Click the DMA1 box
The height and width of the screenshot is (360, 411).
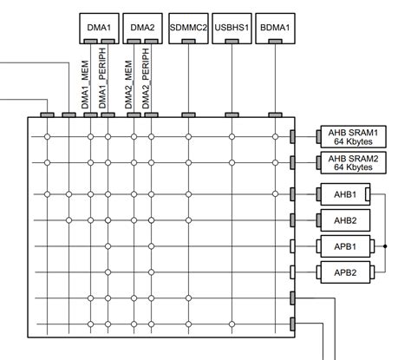point(98,28)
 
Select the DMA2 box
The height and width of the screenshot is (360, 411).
point(142,28)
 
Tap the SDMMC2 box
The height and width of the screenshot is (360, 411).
point(188,28)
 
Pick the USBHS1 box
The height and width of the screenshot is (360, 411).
point(232,28)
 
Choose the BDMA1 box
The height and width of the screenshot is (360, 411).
point(276,28)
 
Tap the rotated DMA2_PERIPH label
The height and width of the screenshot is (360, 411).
point(147,80)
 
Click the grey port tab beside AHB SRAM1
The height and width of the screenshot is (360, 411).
point(293,136)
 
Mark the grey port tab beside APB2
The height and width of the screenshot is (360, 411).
point(293,272)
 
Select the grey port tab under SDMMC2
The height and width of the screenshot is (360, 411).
point(189,115)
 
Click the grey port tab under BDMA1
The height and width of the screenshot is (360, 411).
point(276,115)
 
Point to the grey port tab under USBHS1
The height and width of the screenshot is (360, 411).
point(232,115)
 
